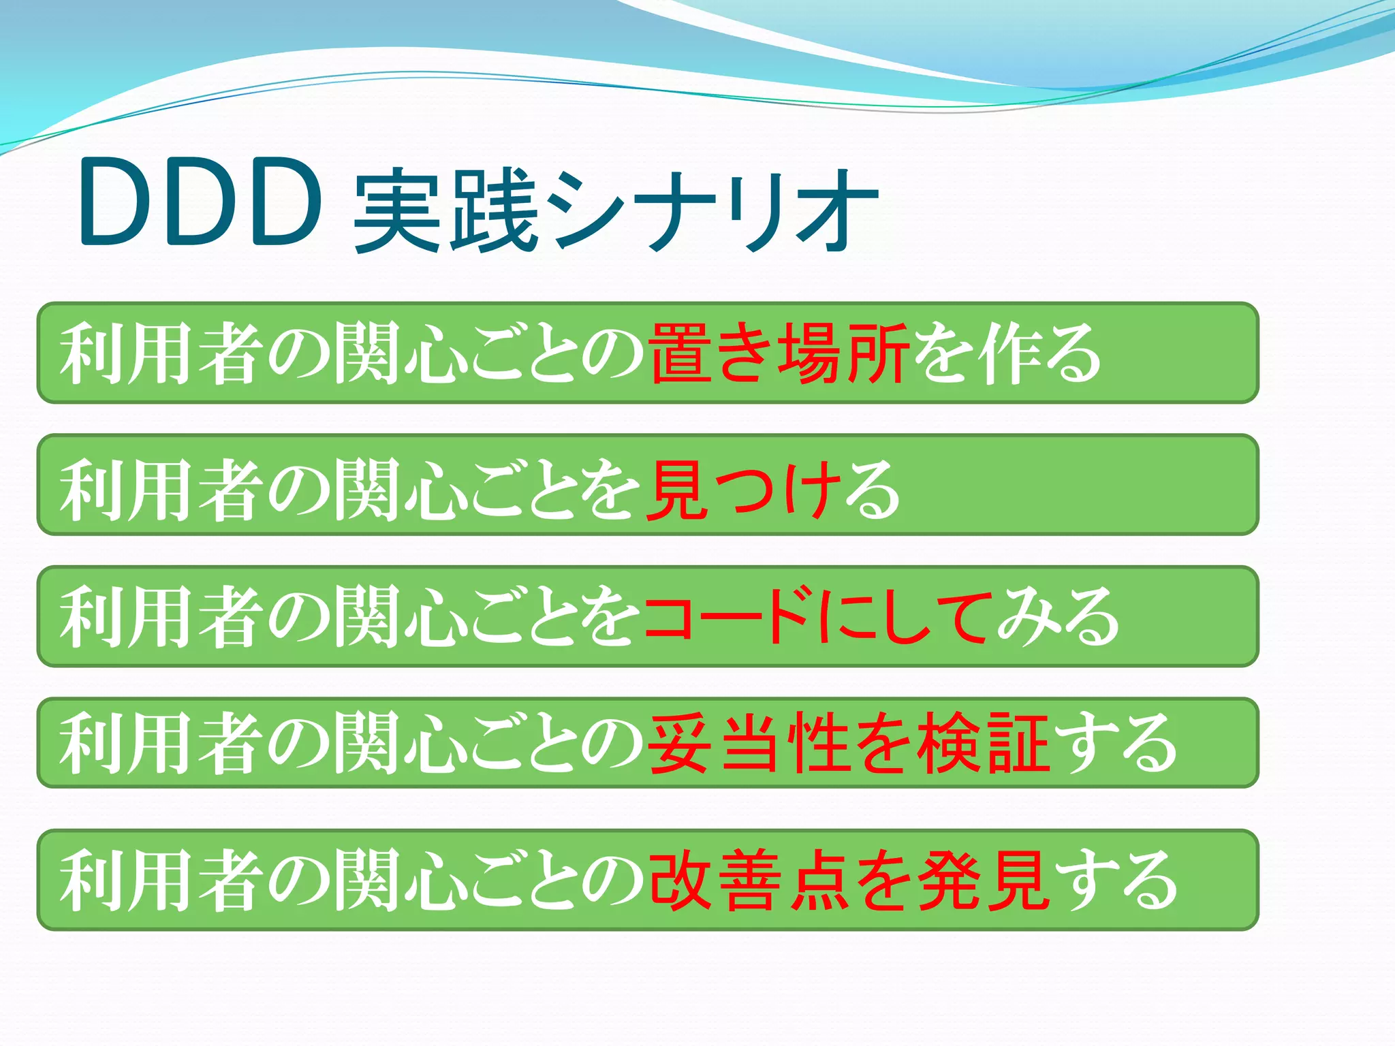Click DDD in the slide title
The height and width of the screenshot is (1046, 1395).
point(199,202)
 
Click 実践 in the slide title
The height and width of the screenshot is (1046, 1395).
point(446,211)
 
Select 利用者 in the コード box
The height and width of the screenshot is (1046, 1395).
point(159,617)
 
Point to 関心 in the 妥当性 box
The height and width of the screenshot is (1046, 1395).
point(402,744)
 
